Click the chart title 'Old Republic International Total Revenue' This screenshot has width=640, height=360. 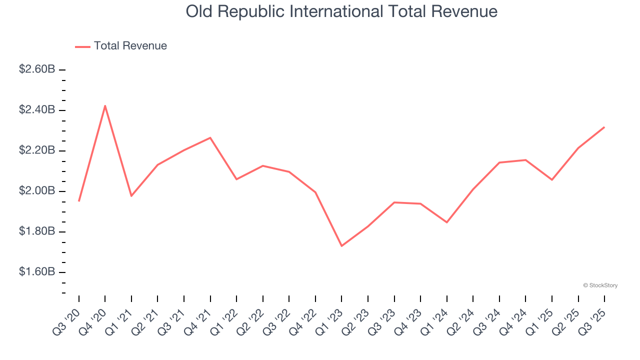[341, 11]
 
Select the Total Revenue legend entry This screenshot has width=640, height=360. [121, 46]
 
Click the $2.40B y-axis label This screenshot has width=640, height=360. [37, 110]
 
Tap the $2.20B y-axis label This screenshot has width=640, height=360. [37, 150]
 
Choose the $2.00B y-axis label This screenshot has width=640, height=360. [37, 191]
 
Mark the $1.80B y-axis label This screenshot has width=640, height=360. [37, 232]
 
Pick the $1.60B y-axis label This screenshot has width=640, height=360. [37, 272]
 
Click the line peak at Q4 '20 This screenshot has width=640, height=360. [105, 105]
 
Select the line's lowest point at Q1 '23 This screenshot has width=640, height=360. [341, 246]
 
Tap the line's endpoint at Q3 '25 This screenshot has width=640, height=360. [604, 127]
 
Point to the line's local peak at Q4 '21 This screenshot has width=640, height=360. [210, 137]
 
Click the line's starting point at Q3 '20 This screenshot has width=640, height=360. [79, 201]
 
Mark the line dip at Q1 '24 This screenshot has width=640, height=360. [446, 222]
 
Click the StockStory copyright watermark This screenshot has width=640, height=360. [600, 285]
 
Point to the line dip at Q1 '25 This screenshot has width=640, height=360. [551, 179]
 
